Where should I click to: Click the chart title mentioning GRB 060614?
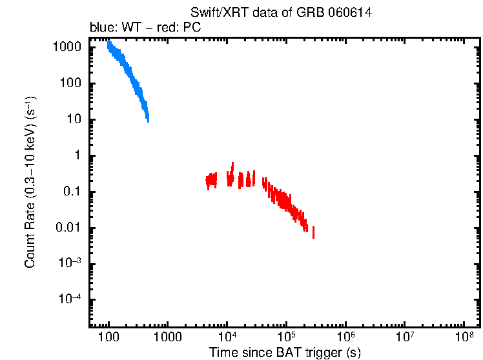pyautogui.click(x=281, y=13)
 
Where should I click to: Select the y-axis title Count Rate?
pyautogui.click(x=30, y=183)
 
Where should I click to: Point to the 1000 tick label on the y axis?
pyautogui.click(x=68, y=48)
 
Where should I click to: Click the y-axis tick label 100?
pyautogui.click(x=71, y=84)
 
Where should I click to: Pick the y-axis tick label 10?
pyautogui.click(x=74, y=120)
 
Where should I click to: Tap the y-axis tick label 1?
pyautogui.click(x=77, y=156)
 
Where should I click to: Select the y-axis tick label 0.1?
pyautogui.click(x=73, y=192)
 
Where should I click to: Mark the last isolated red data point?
pyautogui.click(x=313, y=232)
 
